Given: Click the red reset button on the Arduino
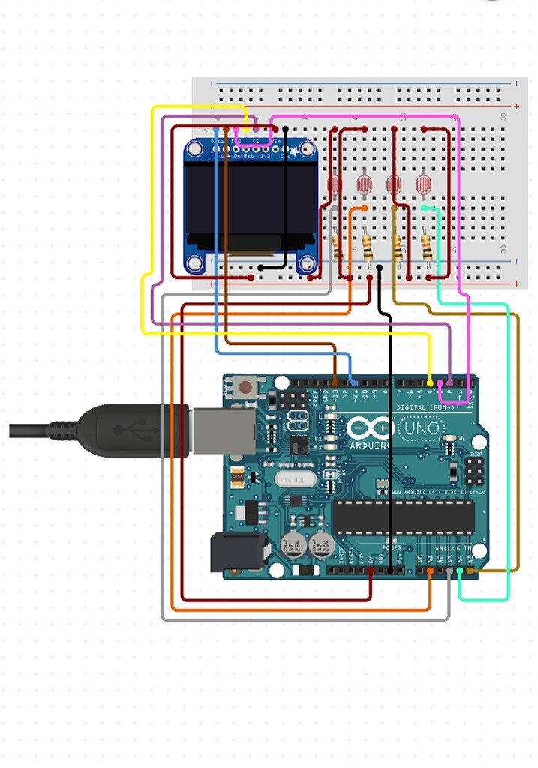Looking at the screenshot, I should click(x=245, y=388).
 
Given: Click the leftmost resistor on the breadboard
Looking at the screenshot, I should click(x=338, y=246).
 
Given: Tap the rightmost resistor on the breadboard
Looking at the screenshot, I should click(x=426, y=246).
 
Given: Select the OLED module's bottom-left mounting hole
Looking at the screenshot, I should click(x=196, y=262).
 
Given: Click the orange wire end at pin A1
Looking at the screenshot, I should click(x=429, y=571).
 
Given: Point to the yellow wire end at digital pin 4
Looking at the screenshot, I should click(x=430, y=382).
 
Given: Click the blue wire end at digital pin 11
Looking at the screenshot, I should click(x=354, y=382).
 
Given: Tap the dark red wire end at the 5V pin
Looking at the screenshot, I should click(x=371, y=571).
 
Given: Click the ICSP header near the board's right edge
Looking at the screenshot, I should click(x=473, y=471).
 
